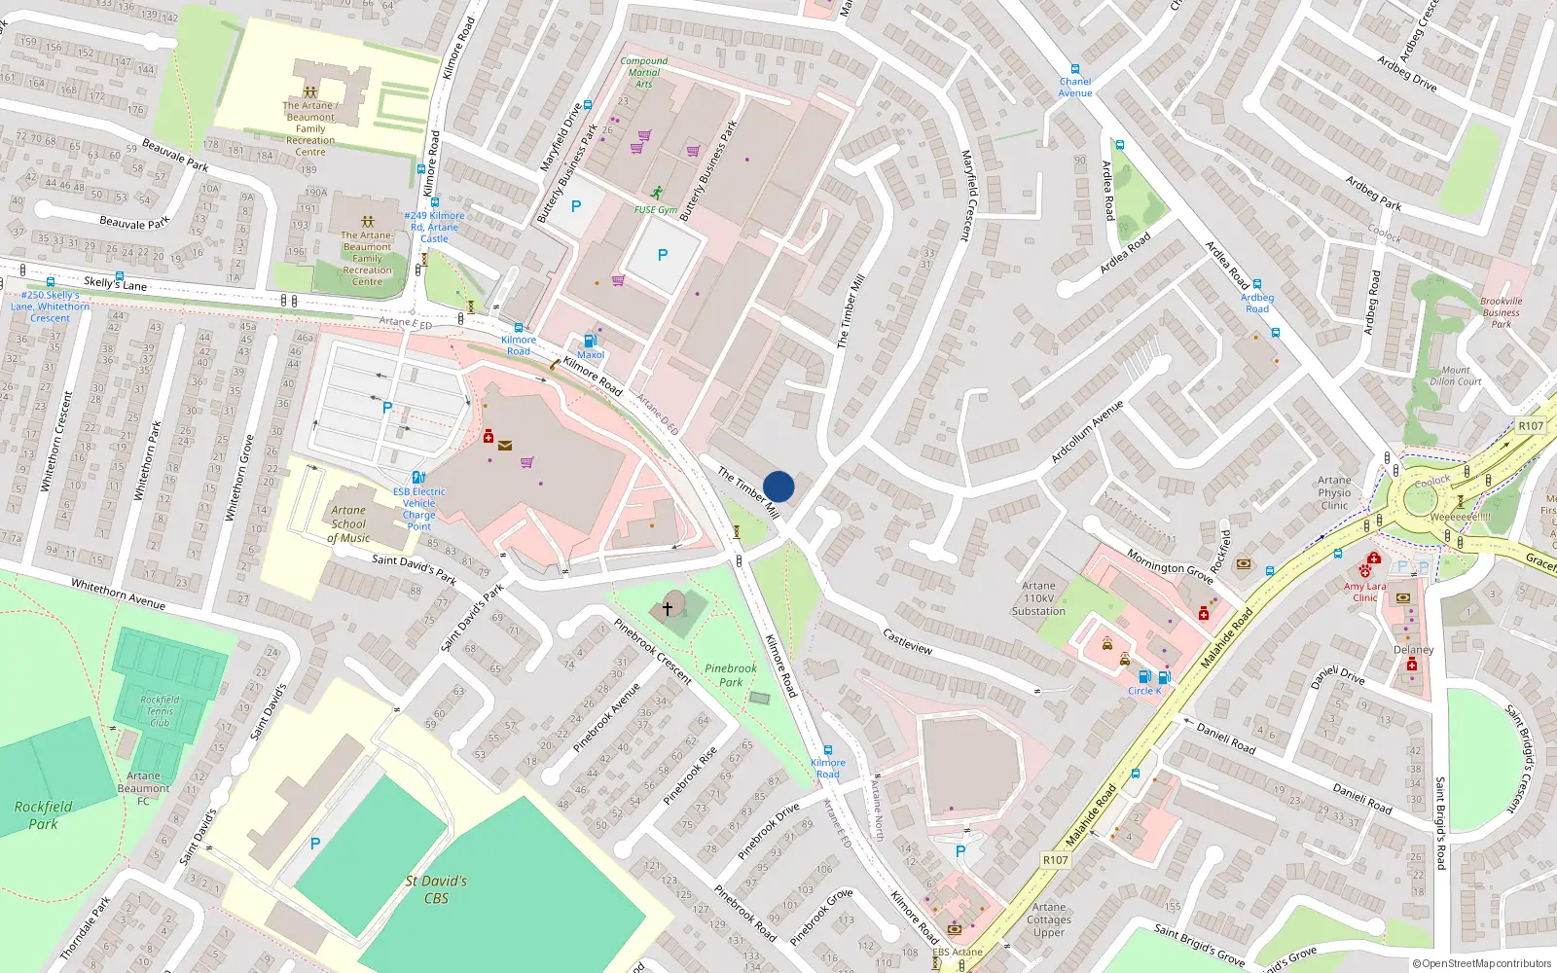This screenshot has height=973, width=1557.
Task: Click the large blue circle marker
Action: (x=778, y=486)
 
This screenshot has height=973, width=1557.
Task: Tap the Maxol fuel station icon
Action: (x=590, y=341)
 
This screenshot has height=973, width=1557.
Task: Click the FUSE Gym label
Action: (x=656, y=210)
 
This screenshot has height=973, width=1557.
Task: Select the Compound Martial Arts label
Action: (x=644, y=73)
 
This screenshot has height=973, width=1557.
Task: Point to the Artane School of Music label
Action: (x=348, y=523)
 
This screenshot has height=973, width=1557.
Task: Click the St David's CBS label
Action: (x=436, y=889)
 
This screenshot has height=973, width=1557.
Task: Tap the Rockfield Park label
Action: (x=43, y=815)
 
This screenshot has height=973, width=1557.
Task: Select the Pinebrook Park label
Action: (x=731, y=675)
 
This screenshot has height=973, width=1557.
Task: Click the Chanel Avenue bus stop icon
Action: (x=1075, y=69)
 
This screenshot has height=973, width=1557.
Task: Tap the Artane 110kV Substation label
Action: (x=1038, y=598)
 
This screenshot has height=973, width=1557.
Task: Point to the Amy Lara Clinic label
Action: (x=1364, y=592)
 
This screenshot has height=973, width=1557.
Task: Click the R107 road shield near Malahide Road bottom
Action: (x=1056, y=860)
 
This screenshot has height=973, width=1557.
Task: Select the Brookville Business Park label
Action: (x=1501, y=312)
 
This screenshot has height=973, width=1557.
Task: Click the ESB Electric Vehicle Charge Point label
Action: (x=419, y=509)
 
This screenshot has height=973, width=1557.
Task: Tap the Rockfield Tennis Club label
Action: (x=160, y=711)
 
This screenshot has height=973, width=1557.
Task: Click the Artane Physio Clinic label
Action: (x=1334, y=492)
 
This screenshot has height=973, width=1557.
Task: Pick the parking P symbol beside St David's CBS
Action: (x=315, y=844)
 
